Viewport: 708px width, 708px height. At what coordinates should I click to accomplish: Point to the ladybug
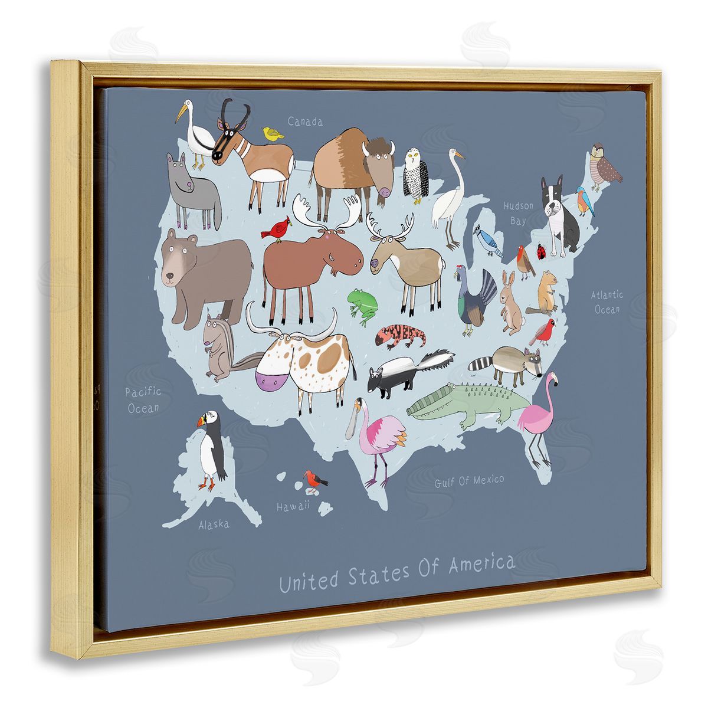click(x=540, y=252)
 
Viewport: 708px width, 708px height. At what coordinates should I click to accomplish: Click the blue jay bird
click(x=490, y=240)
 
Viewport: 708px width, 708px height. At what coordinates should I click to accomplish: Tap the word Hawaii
click(x=293, y=506)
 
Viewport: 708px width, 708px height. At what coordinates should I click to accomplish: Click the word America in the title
click(x=481, y=566)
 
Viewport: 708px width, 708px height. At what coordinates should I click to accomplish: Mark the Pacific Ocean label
click(x=143, y=400)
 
